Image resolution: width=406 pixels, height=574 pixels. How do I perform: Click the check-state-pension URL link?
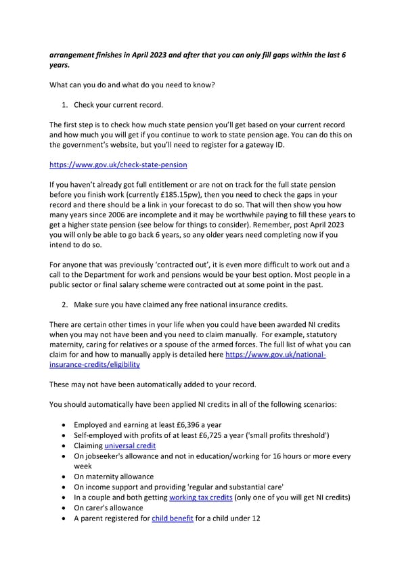[x=118, y=164]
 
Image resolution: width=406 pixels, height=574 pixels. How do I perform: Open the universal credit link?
[x=130, y=446]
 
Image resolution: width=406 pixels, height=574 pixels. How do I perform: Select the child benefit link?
[x=173, y=518]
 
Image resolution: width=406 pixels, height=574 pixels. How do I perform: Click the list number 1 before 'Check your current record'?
[x=67, y=105]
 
